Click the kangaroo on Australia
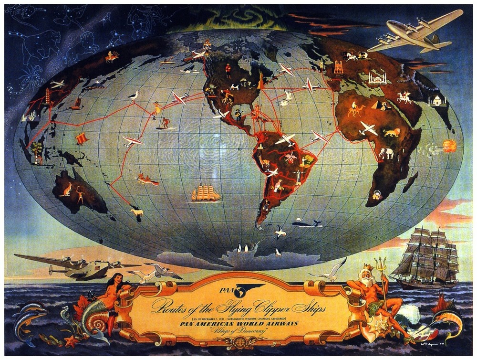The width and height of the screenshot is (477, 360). pyautogui.click(x=65, y=189)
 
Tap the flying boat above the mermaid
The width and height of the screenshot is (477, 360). pyautogui.click(x=76, y=267)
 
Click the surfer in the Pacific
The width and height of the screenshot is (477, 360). pyautogui.click(x=165, y=123)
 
